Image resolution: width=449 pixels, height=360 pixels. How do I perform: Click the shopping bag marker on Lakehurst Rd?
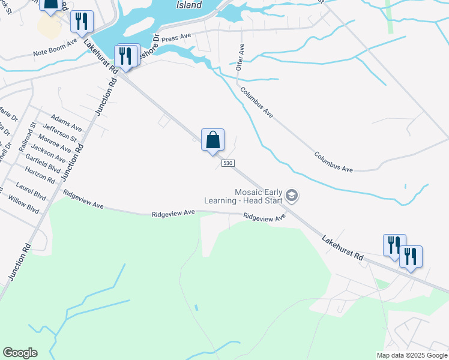pyautogui.click(x=212, y=140)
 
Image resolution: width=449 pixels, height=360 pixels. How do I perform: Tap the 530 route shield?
pyautogui.click(x=228, y=163)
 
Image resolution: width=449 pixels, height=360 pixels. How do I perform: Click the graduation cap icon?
pyautogui.click(x=292, y=196)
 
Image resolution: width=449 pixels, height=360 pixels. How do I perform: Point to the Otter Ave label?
pyautogui.click(x=240, y=57)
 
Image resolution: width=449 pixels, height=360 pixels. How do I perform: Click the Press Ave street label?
pyautogui.click(x=176, y=37)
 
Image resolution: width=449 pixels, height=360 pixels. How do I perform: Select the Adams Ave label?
pyautogui.click(x=66, y=124)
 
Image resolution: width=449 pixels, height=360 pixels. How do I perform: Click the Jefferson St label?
pyautogui.click(x=60, y=133)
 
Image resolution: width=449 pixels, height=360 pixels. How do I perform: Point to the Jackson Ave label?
pyautogui.click(x=47, y=152)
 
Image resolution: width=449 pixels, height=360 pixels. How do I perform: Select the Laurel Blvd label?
pyautogui.click(x=31, y=191)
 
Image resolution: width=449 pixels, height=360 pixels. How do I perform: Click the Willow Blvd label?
pyautogui.click(x=24, y=206)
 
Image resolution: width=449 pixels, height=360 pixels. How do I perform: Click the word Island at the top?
pyautogui.click(x=190, y=5)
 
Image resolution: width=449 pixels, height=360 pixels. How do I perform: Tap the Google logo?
pyautogui.click(x=20, y=353)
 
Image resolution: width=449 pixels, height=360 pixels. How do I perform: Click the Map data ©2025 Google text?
pyautogui.click(x=412, y=355)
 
